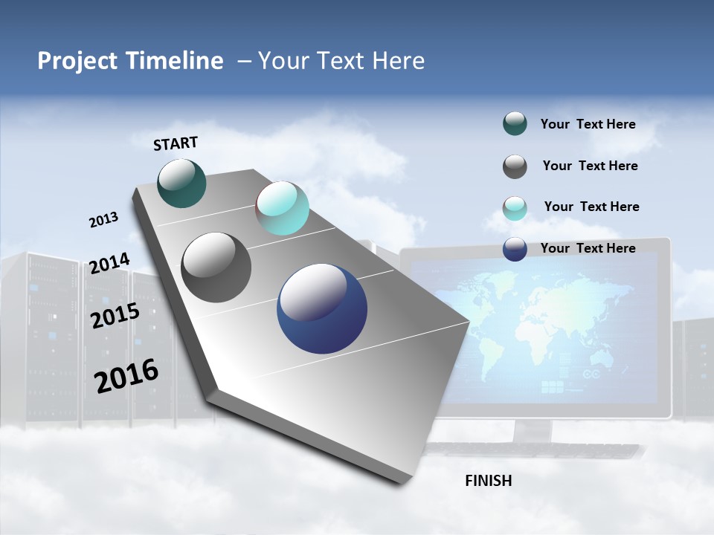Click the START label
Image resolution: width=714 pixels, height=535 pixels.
click(x=176, y=143)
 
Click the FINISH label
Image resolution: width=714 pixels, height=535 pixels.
click(x=488, y=481)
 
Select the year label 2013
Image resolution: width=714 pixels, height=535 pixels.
click(x=103, y=220)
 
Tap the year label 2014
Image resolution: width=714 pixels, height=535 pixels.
click(x=109, y=263)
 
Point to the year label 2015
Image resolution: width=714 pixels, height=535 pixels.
click(x=115, y=316)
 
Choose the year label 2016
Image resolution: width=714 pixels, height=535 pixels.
click(x=126, y=375)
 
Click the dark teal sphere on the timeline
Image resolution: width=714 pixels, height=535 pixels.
click(x=182, y=183)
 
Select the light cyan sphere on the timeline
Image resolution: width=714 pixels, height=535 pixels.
click(x=282, y=208)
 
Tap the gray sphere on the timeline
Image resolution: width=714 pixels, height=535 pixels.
click(x=216, y=267)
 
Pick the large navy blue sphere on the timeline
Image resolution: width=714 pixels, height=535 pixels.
click(x=322, y=308)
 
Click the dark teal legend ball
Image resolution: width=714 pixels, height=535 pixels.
click(x=515, y=124)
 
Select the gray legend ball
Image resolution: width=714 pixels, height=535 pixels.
click(x=515, y=166)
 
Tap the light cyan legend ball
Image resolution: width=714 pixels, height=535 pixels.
click(x=515, y=208)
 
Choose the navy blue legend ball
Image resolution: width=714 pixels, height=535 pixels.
click(x=515, y=249)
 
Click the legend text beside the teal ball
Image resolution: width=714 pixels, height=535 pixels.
click(x=588, y=124)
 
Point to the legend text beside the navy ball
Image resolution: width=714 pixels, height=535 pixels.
click(x=588, y=248)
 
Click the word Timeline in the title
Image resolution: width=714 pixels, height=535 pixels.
click(x=169, y=61)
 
